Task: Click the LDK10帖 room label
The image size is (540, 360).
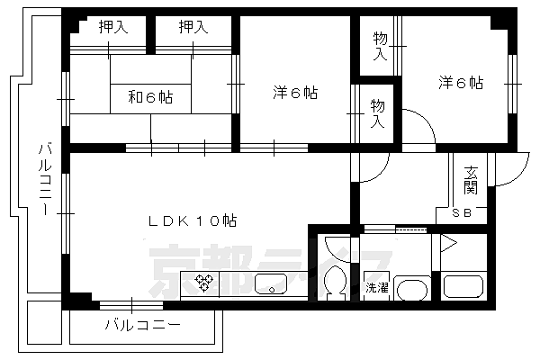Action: click(x=193, y=220)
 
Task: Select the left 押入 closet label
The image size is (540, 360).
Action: click(x=113, y=27)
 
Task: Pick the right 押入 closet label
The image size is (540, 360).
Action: click(x=193, y=27)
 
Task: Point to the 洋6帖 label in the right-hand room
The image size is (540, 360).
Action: click(x=461, y=83)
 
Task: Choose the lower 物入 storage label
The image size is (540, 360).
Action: click(x=379, y=112)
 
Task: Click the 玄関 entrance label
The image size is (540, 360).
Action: click(x=471, y=180)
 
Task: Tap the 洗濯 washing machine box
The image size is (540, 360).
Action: click(x=375, y=288)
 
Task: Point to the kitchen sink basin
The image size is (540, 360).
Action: click(x=269, y=287)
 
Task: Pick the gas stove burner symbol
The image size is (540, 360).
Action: click(x=204, y=284)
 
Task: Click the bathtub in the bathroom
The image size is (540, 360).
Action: click(x=463, y=291)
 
